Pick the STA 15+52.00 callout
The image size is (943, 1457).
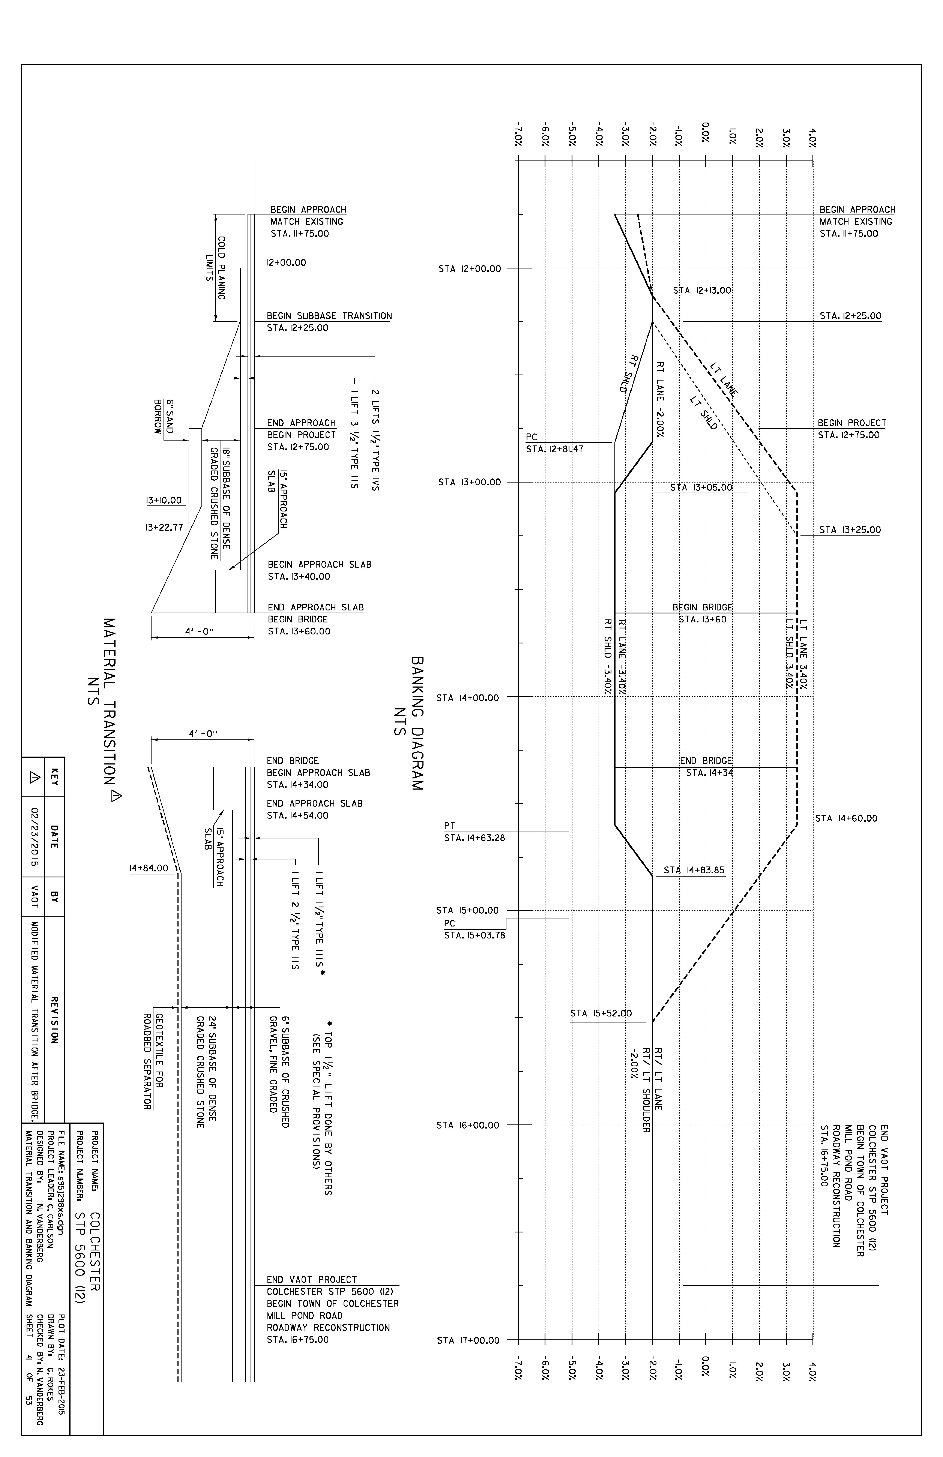601,1013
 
